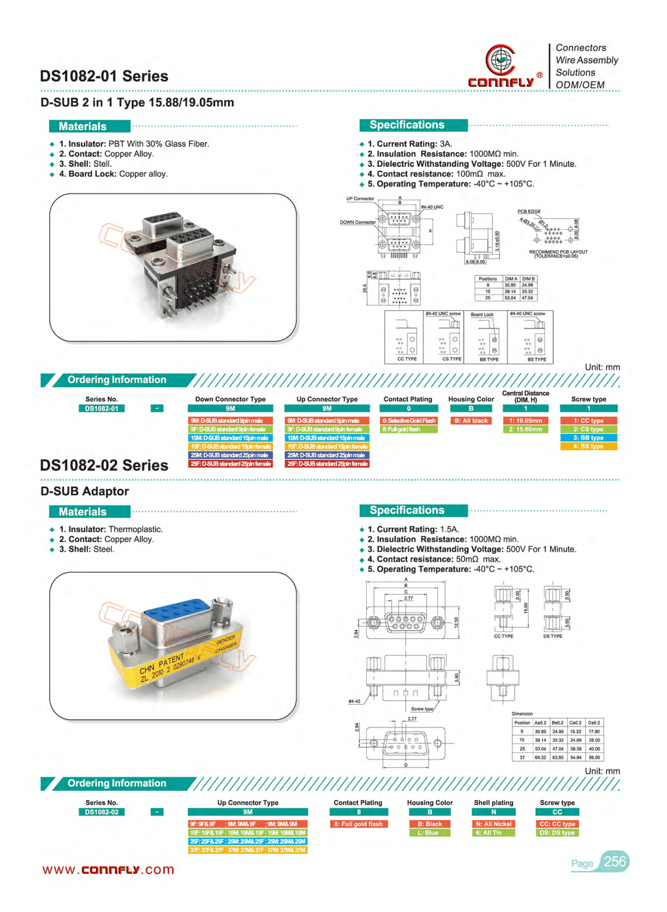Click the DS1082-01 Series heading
point(104,76)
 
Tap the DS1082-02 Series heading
point(104,465)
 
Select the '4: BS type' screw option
point(588,447)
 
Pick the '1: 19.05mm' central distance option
point(525,421)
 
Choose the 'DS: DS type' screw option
point(557,833)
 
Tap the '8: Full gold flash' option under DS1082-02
point(359,824)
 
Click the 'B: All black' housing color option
point(471,421)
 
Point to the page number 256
point(615,862)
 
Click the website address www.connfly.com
point(108,870)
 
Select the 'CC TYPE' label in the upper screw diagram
point(407,359)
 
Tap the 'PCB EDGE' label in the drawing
point(529,211)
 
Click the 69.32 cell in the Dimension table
point(540,757)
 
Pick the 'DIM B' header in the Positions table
point(529,279)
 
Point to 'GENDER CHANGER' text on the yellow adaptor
point(226,643)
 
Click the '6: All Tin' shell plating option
point(493,833)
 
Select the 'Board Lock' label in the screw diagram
point(482,315)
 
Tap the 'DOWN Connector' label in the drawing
point(358,222)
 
